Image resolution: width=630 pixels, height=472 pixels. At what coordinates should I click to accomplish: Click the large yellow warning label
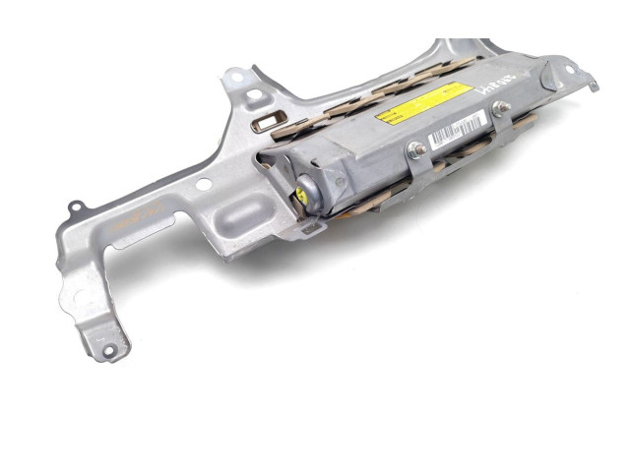pyautogui.click(x=423, y=101)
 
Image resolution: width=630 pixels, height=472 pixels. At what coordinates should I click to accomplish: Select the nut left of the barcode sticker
pyautogui.click(x=416, y=149)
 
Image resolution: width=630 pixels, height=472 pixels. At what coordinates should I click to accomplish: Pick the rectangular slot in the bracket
pyautogui.click(x=268, y=121)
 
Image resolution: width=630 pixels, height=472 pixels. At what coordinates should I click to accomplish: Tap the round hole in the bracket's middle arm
pyautogui.click(x=202, y=184)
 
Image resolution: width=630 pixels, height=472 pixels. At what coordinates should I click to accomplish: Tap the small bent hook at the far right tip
pyautogui.click(x=595, y=88)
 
